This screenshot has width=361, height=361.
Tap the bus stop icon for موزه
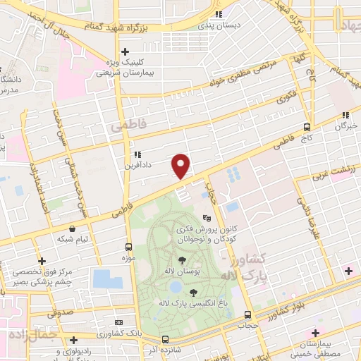pyautogui.click(x=128, y=247)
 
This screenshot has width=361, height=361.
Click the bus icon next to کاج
pyautogui.click(x=306, y=128)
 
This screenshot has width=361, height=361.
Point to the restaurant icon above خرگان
pyautogui.click(x=345, y=115)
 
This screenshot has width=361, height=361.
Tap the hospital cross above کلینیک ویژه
pyautogui.click(x=125, y=51)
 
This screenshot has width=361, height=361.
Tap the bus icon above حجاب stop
pyautogui.click(x=247, y=314)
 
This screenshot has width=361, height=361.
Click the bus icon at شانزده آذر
pyautogui.click(x=165, y=338)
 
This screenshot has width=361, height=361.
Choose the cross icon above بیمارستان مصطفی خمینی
pyautogui.click(x=315, y=332)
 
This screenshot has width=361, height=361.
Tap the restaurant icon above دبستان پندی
pyautogui.click(x=219, y=13)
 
